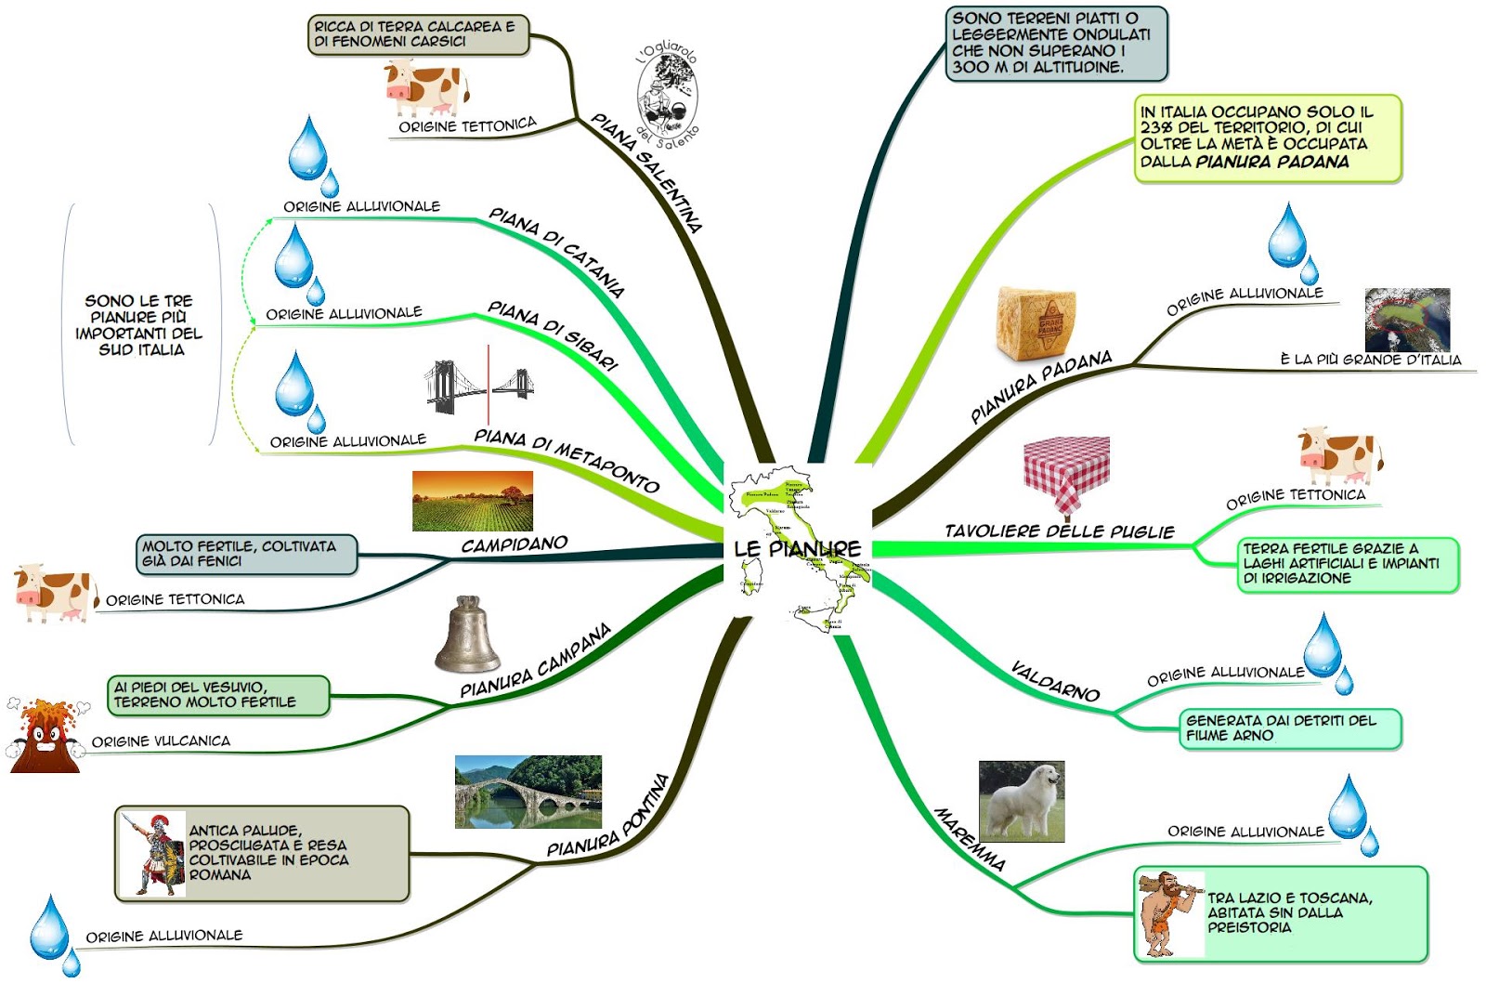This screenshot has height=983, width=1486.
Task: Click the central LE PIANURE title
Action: click(x=797, y=548)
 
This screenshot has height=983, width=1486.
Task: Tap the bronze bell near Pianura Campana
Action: click(x=467, y=636)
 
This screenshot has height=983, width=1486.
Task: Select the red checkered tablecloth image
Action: click(x=1066, y=475)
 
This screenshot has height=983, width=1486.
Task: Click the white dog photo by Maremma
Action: click(x=1022, y=801)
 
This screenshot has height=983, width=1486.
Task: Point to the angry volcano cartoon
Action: click(x=45, y=736)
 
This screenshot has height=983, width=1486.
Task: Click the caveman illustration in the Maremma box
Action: click(x=1167, y=912)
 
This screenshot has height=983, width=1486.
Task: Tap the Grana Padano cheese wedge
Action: click(x=1036, y=322)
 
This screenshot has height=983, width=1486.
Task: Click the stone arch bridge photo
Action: click(x=528, y=792)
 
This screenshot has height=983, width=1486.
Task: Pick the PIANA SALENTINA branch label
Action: click(x=646, y=172)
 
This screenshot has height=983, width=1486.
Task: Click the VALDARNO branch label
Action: click(x=1055, y=681)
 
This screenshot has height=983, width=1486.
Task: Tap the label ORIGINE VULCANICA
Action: click(x=161, y=741)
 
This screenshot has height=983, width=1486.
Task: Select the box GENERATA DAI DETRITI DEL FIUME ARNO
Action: click(x=1290, y=728)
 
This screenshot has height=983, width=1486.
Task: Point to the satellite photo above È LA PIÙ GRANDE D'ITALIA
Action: click(x=1407, y=319)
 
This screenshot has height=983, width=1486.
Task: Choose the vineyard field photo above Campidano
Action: click(x=472, y=501)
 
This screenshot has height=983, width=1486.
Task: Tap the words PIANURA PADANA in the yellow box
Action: click(x=1272, y=162)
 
